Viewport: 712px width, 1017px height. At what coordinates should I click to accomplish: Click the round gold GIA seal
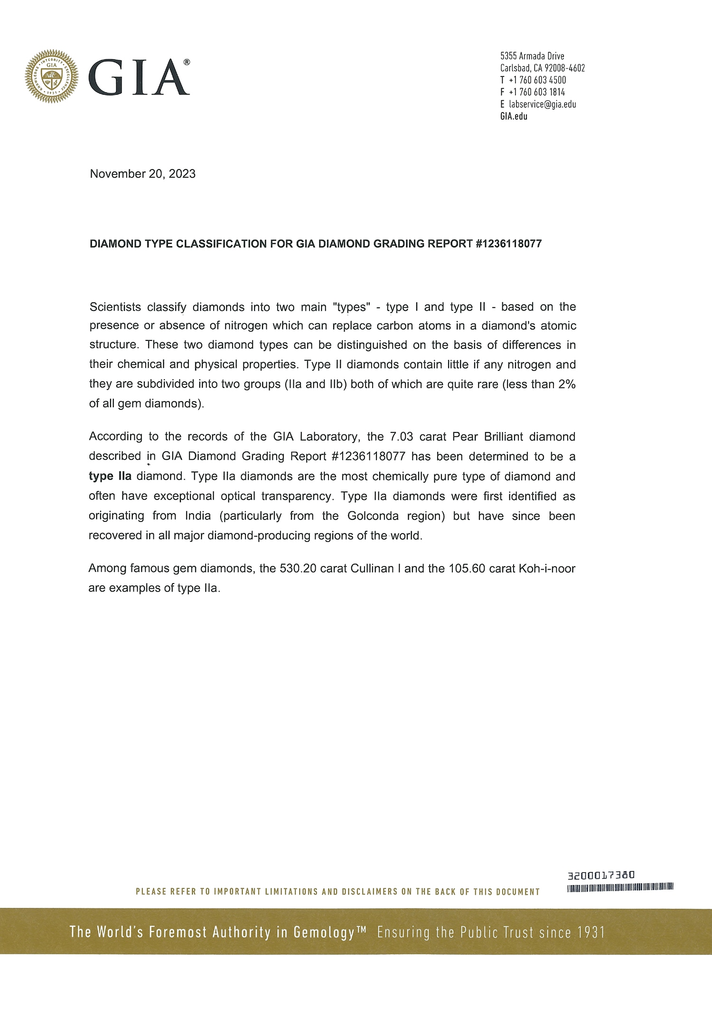click(52, 76)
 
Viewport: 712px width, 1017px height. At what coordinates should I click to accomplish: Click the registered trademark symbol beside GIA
click(187, 62)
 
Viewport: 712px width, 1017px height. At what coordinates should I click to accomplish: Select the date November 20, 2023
click(142, 174)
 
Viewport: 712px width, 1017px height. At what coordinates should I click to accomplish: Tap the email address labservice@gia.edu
click(543, 104)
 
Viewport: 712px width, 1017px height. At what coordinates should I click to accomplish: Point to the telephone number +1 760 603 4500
click(537, 80)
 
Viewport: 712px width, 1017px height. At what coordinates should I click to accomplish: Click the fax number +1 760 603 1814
click(537, 92)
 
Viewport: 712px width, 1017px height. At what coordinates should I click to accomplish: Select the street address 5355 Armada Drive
click(532, 56)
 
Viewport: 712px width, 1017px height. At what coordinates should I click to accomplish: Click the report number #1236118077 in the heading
click(508, 244)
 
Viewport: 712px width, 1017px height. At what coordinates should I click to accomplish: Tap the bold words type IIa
click(110, 476)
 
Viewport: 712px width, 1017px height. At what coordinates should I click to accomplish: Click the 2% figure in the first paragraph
click(567, 384)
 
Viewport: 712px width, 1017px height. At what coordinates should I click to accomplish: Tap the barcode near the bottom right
click(620, 887)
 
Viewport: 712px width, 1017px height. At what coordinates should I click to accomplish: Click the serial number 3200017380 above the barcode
click(601, 875)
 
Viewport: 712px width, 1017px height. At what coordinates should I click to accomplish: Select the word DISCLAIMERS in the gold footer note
click(370, 892)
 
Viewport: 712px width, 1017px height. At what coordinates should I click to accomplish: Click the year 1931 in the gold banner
click(591, 932)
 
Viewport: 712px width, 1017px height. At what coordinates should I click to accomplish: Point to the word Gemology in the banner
click(324, 932)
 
